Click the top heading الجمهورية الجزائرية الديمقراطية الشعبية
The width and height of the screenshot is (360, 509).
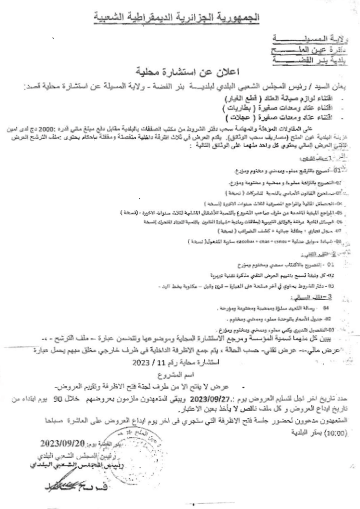[180, 18]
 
